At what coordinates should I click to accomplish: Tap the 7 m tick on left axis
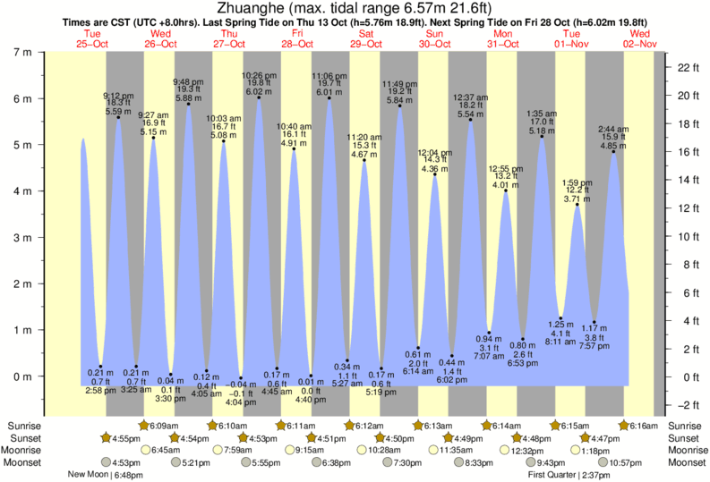click(24, 52)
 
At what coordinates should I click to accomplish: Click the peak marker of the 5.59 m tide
click(118, 117)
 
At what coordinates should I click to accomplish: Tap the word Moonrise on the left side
click(25, 450)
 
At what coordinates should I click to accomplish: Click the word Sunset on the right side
click(683, 438)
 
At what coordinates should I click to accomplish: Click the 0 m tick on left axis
click(24, 376)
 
